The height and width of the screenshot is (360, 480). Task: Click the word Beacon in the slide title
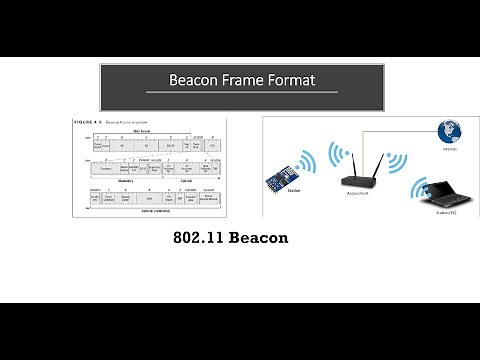point(197,79)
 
